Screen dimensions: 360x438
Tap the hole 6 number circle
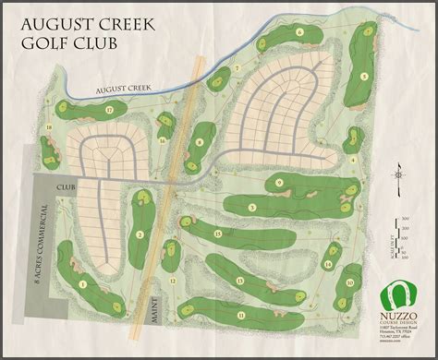coord(301,33)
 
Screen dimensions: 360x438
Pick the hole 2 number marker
coord(139,235)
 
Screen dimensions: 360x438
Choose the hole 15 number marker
coord(218,234)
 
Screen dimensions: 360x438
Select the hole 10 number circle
coord(349,282)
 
